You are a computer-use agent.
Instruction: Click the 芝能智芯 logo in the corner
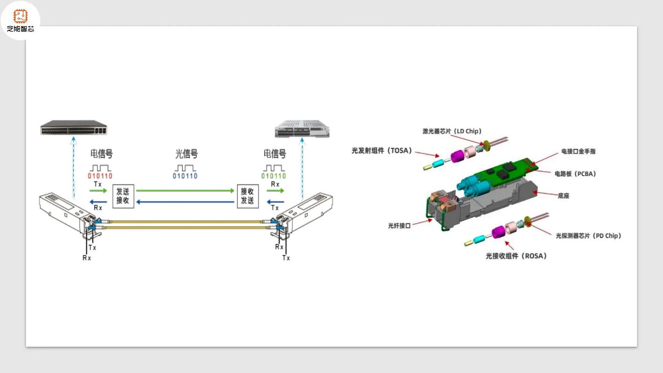click(x=20, y=21)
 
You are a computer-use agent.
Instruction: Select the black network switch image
click(x=73, y=128)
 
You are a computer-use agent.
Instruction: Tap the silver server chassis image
click(x=302, y=129)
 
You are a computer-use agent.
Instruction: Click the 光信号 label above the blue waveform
click(x=186, y=154)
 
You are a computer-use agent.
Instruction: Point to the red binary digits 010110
click(x=100, y=176)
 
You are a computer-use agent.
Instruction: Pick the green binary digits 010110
click(x=274, y=176)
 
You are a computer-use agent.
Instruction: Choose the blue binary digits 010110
click(x=185, y=176)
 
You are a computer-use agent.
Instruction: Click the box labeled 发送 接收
click(x=123, y=196)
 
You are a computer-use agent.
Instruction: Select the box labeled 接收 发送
click(x=247, y=196)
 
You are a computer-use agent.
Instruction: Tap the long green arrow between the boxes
click(x=185, y=190)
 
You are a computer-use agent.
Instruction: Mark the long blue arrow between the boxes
click(x=185, y=202)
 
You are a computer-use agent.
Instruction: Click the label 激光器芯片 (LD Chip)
click(x=452, y=131)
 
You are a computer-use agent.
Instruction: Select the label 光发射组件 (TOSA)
click(x=382, y=151)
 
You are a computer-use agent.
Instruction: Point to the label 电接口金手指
click(x=578, y=152)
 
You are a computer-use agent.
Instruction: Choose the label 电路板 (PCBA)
click(x=575, y=174)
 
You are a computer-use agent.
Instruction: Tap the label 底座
click(x=563, y=196)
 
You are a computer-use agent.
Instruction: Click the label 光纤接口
click(x=399, y=226)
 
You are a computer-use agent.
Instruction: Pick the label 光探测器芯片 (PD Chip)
click(x=588, y=236)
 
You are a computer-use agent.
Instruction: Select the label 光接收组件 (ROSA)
click(x=516, y=256)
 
